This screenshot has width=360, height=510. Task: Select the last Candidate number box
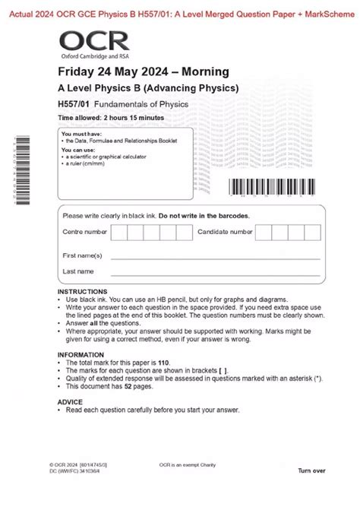click(312, 232)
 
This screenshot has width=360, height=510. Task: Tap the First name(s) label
click(82, 255)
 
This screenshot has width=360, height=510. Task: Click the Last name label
click(78, 271)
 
